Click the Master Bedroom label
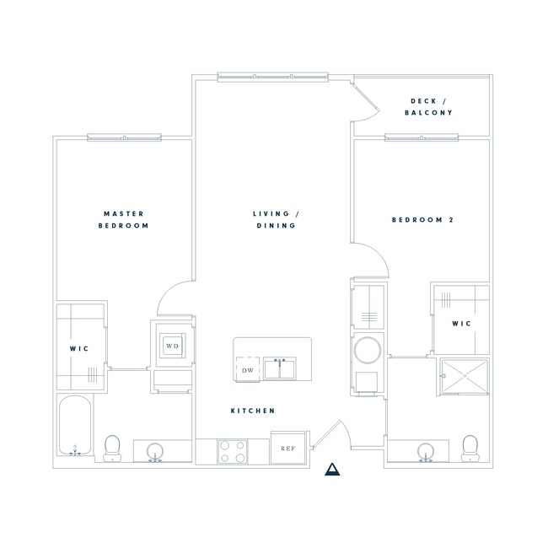pyautogui.click(x=125, y=220)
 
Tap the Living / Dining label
pyautogui.click(x=277, y=220)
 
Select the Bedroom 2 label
pyautogui.click(x=423, y=220)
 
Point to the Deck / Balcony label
pyautogui.click(x=428, y=106)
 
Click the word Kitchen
pyautogui.click(x=254, y=411)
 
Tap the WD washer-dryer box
pyautogui.click(x=173, y=346)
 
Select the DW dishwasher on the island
pyautogui.click(x=248, y=370)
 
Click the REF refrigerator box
pyautogui.click(x=287, y=449)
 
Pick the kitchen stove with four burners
pyautogui.click(x=232, y=451)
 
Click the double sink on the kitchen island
pyautogui.click(x=278, y=369)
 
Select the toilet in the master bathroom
pyautogui.click(x=112, y=448)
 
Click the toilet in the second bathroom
pyautogui.click(x=470, y=448)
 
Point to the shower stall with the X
pyautogui.click(x=463, y=376)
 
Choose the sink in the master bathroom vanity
pyautogui.click(x=155, y=453)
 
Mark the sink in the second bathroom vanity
pyautogui.click(x=427, y=453)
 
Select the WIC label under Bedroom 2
pyautogui.click(x=460, y=324)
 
